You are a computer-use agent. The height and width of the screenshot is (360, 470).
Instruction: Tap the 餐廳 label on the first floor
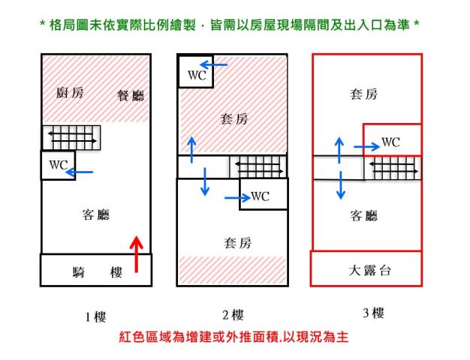[x=131, y=95]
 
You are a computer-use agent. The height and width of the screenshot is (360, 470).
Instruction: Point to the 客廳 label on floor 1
[x=95, y=215]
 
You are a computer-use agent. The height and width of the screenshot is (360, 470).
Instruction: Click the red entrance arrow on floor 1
[x=136, y=254]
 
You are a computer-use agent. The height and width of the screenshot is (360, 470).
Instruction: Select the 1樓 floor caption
[x=95, y=317]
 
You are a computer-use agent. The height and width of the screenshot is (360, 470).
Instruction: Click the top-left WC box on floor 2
[x=195, y=74]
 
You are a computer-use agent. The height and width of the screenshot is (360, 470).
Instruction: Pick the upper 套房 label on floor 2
[x=233, y=118]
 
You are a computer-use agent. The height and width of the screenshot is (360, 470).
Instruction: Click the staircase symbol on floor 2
[x=258, y=164]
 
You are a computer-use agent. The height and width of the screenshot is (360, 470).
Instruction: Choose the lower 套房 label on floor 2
[x=237, y=243]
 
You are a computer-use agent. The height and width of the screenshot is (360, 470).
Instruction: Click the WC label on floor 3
[x=390, y=142]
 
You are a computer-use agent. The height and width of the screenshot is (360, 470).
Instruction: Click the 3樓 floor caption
[x=373, y=313]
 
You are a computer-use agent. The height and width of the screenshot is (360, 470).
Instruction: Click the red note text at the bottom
[x=234, y=337]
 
